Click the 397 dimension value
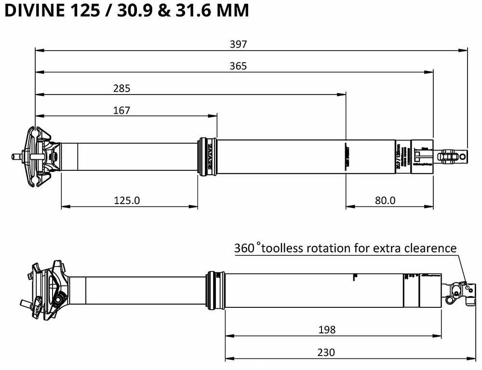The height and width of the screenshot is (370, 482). pyautogui.click(x=238, y=44)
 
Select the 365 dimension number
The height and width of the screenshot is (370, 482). pyautogui.click(x=238, y=66)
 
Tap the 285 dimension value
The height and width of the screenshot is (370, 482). pyautogui.click(x=121, y=88)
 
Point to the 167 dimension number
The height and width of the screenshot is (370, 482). pyautogui.click(x=121, y=110)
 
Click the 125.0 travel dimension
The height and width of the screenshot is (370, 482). pyautogui.click(x=127, y=200)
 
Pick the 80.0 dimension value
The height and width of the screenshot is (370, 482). pyautogui.click(x=385, y=200)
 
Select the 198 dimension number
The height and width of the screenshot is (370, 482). pyautogui.click(x=327, y=330)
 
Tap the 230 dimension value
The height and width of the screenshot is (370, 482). pyautogui.click(x=326, y=353)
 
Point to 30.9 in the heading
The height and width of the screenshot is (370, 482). pyautogui.click(x=130, y=10)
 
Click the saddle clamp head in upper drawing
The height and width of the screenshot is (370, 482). pyautogui.click(x=41, y=156)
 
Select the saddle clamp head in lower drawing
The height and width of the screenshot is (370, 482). pyautogui.click(x=47, y=288)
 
